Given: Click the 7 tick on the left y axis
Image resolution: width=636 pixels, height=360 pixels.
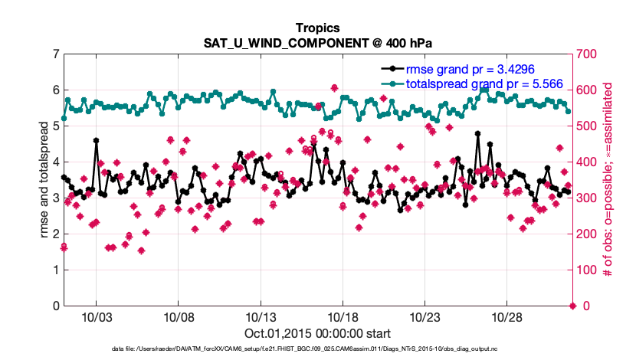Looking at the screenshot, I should coord(55,54).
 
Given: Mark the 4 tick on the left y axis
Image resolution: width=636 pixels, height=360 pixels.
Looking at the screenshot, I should coord(55,162).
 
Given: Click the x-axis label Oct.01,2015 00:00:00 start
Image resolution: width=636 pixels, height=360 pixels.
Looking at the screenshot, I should coord(318,333).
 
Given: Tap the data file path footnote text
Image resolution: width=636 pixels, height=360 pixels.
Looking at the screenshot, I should coord(318,350).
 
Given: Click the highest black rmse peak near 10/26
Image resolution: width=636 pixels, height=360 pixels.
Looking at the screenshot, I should coord(477,133).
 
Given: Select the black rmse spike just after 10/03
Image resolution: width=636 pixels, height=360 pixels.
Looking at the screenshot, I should coord(96,140).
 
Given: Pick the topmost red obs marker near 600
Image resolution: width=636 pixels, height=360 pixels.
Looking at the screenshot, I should coord(334,88).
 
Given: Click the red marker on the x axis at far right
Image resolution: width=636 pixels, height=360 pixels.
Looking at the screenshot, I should coord(572,306).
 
